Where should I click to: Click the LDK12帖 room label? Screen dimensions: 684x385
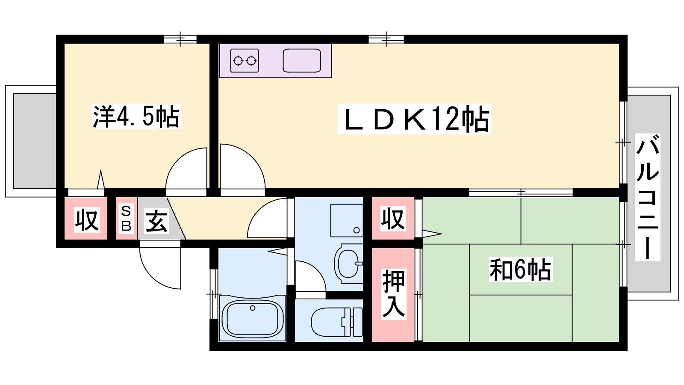[x=414, y=119]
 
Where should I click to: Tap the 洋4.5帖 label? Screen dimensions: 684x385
[x=136, y=116]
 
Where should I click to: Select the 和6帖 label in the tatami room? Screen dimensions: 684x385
[x=520, y=269]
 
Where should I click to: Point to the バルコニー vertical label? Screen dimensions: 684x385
[x=647, y=197]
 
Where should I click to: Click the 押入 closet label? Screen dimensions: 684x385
[x=393, y=294]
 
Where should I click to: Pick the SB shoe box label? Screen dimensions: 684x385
[x=126, y=219]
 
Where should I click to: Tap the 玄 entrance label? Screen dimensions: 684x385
[x=156, y=221]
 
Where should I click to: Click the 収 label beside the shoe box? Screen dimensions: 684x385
[x=87, y=219]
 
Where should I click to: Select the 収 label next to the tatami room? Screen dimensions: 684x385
[x=393, y=218]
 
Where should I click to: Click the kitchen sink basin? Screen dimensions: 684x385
[x=302, y=60]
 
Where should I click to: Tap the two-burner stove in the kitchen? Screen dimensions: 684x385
[x=245, y=61]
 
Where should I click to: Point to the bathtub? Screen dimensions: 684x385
[x=253, y=319]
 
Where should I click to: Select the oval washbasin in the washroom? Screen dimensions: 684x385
[x=348, y=263]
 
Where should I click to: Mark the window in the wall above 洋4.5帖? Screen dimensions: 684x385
[x=180, y=39]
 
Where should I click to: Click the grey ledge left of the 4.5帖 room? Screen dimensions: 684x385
[x=35, y=141]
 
